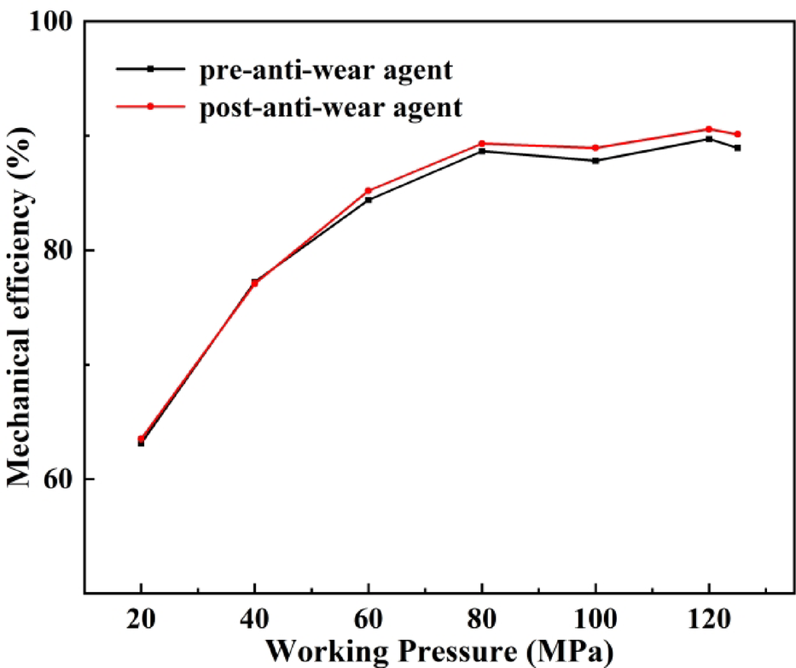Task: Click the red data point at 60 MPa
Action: coord(369,191)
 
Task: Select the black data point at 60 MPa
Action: coord(369,200)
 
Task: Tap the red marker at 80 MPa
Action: coord(482,143)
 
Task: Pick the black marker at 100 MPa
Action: coord(596,160)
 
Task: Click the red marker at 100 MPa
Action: coord(596,148)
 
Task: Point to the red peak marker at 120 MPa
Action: coord(709,129)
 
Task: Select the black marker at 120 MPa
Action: coord(709,138)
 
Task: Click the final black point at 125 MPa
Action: coord(737,148)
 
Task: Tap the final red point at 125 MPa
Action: coord(737,134)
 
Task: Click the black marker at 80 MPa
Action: coord(482,151)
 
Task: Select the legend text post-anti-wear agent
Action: coord(331,107)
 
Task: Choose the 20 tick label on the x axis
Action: coord(141,619)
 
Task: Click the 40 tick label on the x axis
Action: coord(254,619)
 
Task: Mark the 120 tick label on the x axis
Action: coord(709,619)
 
